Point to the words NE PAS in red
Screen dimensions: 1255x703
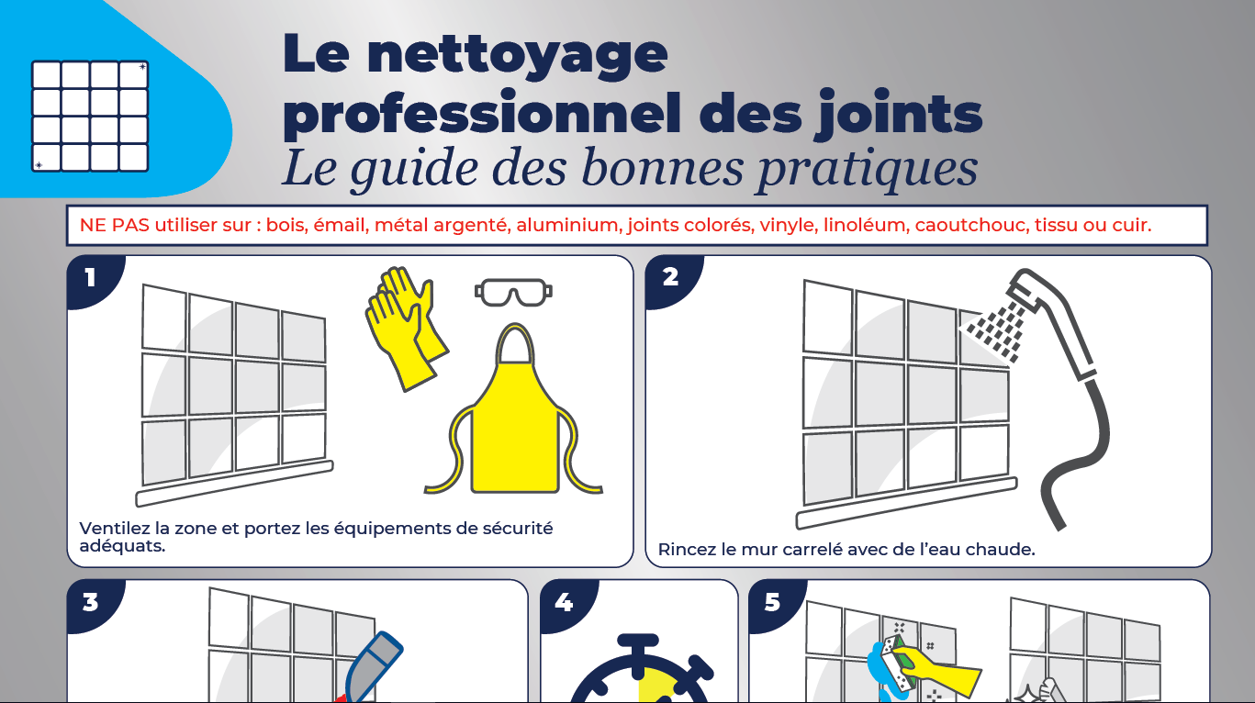[114, 225]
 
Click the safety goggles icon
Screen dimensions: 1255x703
[513, 292]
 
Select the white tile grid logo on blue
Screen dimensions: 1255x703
[90, 116]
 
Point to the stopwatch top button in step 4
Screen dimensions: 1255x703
[638, 642]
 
